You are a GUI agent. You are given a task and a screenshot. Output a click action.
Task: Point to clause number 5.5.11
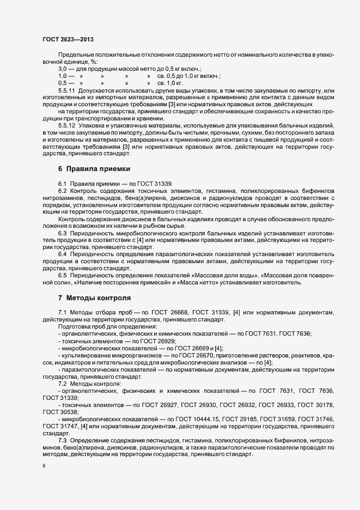(x=66, y=89)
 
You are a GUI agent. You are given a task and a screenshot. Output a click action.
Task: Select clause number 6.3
(x=62, y=233)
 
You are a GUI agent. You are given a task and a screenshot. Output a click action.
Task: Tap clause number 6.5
(x=62, y=275)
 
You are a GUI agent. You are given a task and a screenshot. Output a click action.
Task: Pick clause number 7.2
(x=62, y=384)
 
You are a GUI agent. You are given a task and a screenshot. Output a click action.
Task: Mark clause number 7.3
(x=62, y=439)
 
